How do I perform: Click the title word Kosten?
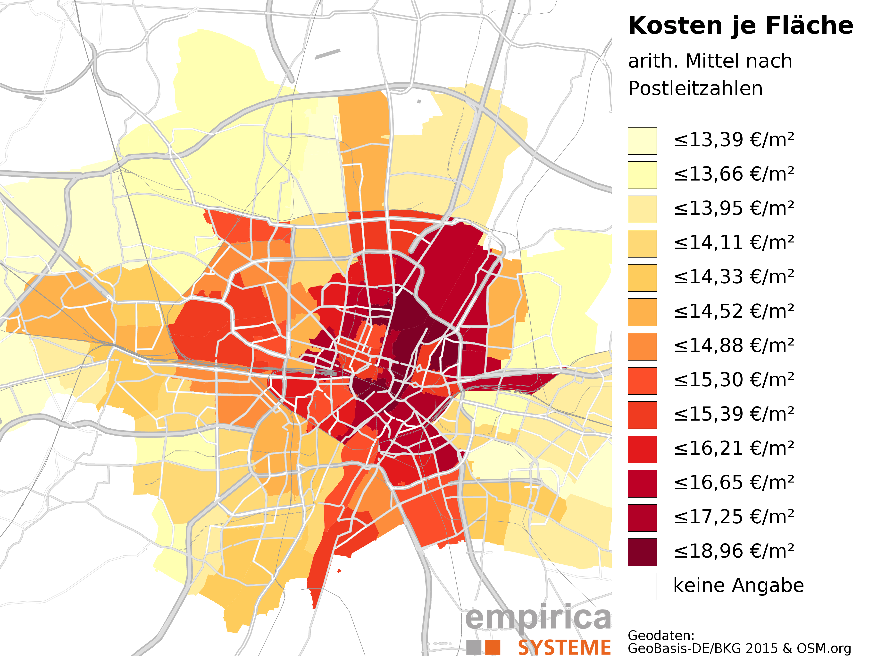[x=675, y=26]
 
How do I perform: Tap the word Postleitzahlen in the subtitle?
[x=695, y=88]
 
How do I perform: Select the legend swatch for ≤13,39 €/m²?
[x=642, y=141]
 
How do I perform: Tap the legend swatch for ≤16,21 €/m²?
[x=642, y=449]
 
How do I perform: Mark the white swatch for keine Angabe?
[x=642, y=586]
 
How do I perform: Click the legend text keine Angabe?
[x=738, y=586]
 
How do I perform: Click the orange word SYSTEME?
[x=564, y=647]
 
